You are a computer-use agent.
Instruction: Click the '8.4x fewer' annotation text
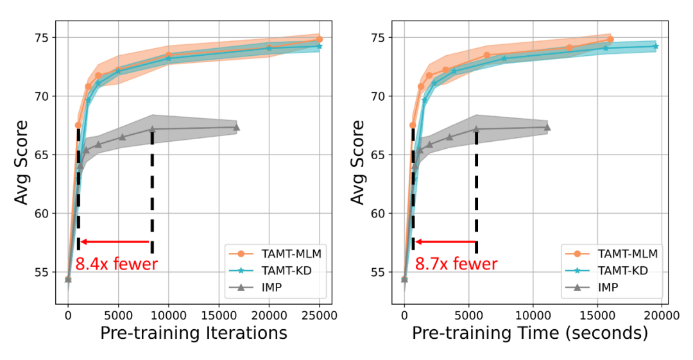tap(116, 264)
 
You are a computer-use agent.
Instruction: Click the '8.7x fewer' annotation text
tap(456, 264)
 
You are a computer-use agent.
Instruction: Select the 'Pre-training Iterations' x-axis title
tap(193, 333)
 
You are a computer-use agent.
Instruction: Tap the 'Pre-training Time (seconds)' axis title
tap(530, 333)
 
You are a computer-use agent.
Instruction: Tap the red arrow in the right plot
tap(446, 242)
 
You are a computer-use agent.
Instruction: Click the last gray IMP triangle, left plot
tap(236, 127)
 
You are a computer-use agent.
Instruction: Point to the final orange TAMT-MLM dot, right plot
tap(610, 40)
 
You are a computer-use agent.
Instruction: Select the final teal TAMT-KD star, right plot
tap(656, 46)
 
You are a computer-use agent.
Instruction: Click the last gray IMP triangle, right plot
tap(547, 127)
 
